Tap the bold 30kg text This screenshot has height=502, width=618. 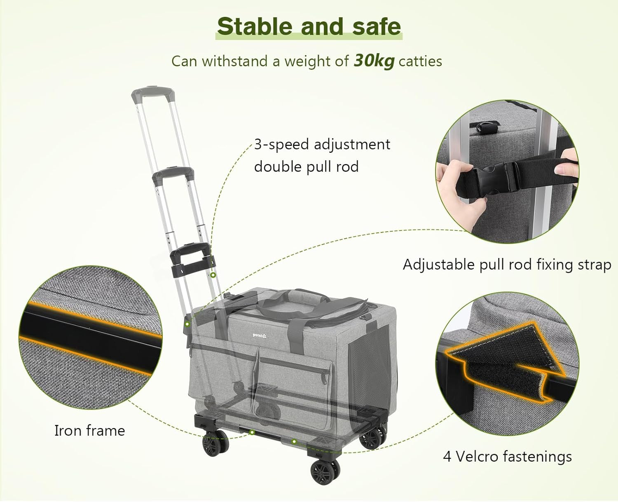tap(374, 61)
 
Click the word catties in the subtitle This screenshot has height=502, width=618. tap(420, 61)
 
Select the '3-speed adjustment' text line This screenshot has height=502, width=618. tap(322, 145)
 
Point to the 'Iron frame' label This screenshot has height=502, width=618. tap(89, 431)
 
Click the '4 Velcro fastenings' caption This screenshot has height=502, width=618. tap(507, 457)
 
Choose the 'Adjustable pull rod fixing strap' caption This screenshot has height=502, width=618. tap(507, 265)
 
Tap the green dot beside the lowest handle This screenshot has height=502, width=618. tap(213, 275)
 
